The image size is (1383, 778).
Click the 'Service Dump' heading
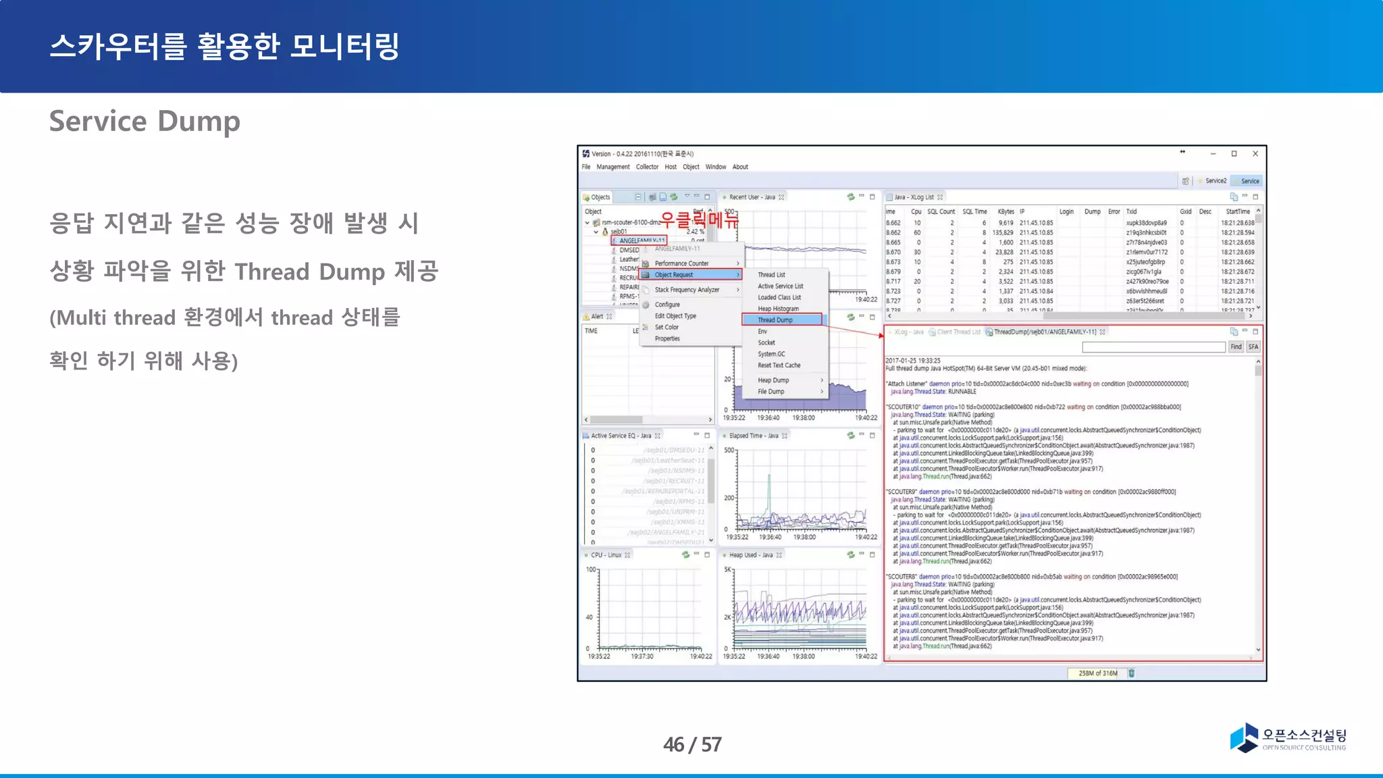click(x=145, y=122)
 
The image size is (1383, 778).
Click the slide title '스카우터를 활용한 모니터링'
click(x=224, y=47)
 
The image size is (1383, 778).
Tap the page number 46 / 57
click(x=692, y=744)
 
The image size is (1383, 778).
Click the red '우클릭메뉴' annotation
click(x=699, y=219)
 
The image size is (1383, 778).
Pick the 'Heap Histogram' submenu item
click(x=778, y=309)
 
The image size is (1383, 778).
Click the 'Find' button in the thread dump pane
click(x=1235, y=347)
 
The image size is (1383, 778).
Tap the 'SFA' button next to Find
click(x=1253, y=347)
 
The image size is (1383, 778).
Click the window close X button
click(x=1255, y=154)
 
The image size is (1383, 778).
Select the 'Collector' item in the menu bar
click(x=647, y=167)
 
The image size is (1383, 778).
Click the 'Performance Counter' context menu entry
click(x=681, y=263)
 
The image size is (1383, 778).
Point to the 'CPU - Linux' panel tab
click(x=606, y=555)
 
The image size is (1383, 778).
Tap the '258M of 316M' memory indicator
click(x=1097, y=673)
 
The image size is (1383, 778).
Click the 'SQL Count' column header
click(x=941, y=211)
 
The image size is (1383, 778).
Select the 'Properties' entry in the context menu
click(x=667, y=339)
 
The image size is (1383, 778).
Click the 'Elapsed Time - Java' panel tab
click(x=753, y=436)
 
